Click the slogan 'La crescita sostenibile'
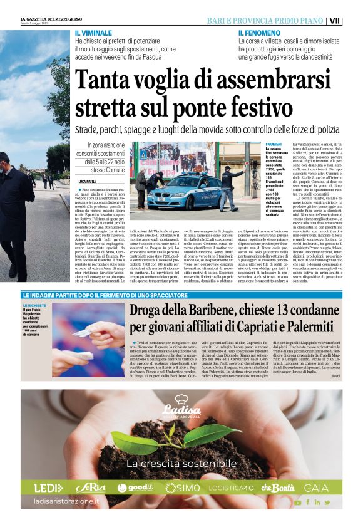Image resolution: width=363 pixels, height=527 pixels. coord(181,464)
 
